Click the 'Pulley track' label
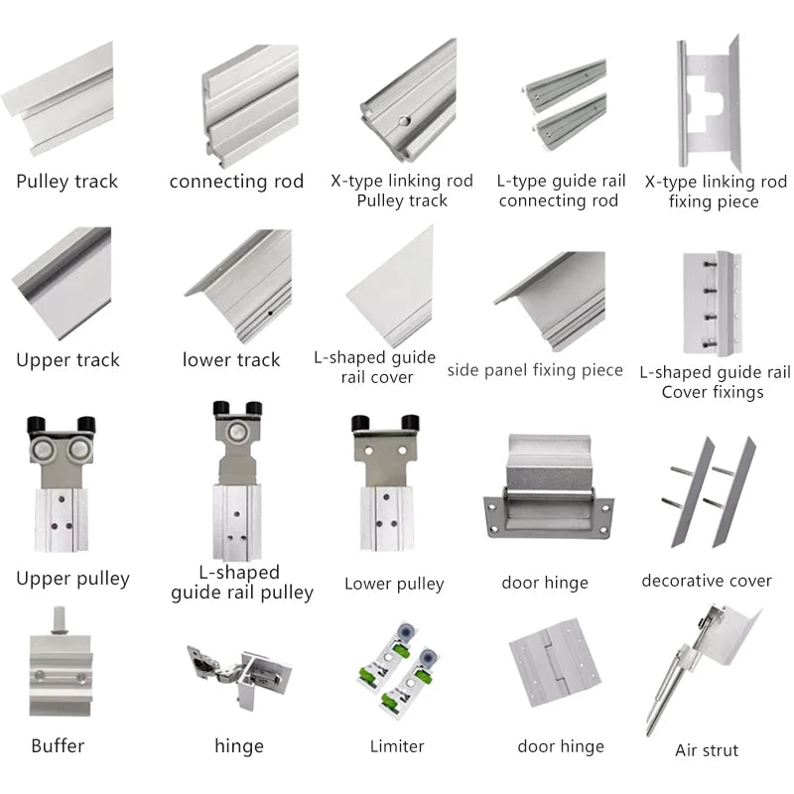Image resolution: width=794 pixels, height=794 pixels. point(66,182)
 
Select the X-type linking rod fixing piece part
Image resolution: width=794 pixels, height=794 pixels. point(713,104)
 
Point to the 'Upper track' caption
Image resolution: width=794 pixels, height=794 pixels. point(67,360)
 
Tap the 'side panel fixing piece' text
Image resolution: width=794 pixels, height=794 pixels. point(535,370)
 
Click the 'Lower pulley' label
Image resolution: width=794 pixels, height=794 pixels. point(394,584)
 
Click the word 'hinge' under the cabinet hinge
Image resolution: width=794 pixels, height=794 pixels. point(239,746)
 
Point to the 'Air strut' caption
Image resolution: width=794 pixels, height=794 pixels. point(707,750)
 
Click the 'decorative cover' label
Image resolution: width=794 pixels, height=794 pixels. point(706,581)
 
